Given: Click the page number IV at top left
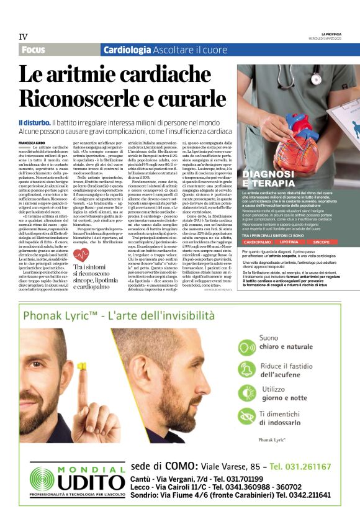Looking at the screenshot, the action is pyautogui.click(x=23, y=37).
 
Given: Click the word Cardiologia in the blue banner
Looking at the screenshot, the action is pyautogui.click(x=127, y=50).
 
